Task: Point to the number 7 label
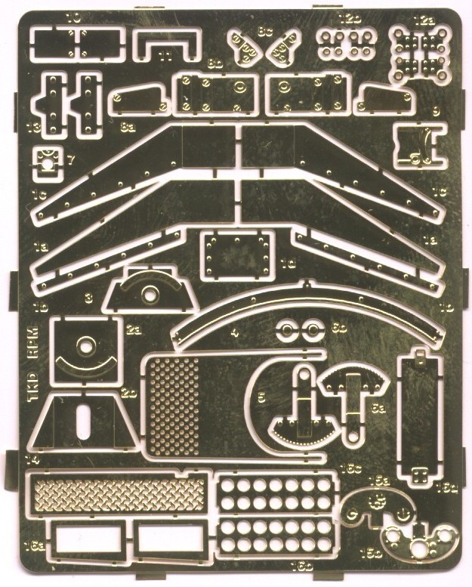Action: click(x=70, y=159)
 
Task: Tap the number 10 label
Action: click(x=74, y=16)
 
